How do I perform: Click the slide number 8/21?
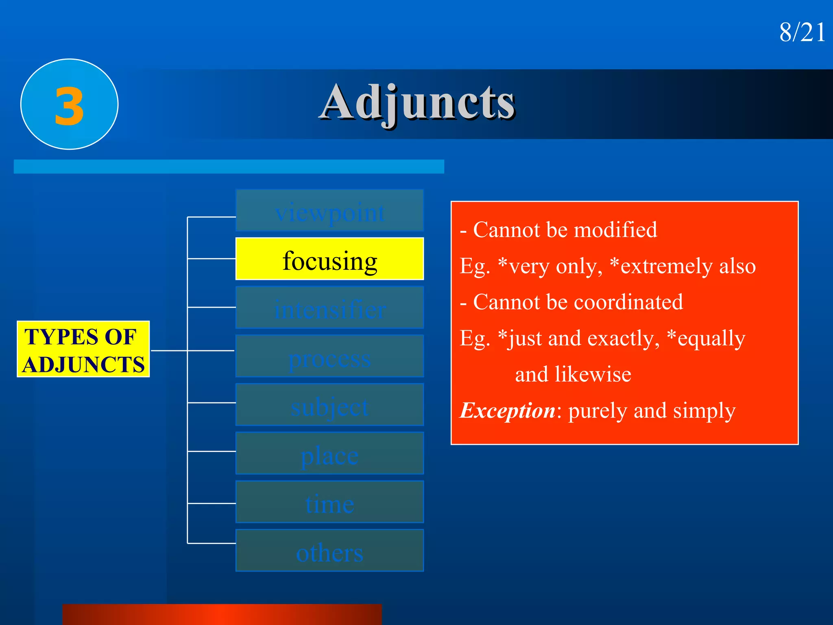coord(802,32)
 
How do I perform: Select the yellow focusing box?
coord(329,259)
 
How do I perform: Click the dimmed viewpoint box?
coord(329,211)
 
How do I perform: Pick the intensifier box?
coord(329,308)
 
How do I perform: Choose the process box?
coord(329,356)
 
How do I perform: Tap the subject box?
coord(329,405)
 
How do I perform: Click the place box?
coord(329,453)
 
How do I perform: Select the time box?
coord(329,502)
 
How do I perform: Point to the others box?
coord(329,551)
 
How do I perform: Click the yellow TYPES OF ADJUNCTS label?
coord(83,350)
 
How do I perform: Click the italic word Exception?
coord(507,410)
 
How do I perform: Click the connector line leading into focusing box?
coord(212,258)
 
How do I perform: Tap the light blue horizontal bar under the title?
coord(229,166)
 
